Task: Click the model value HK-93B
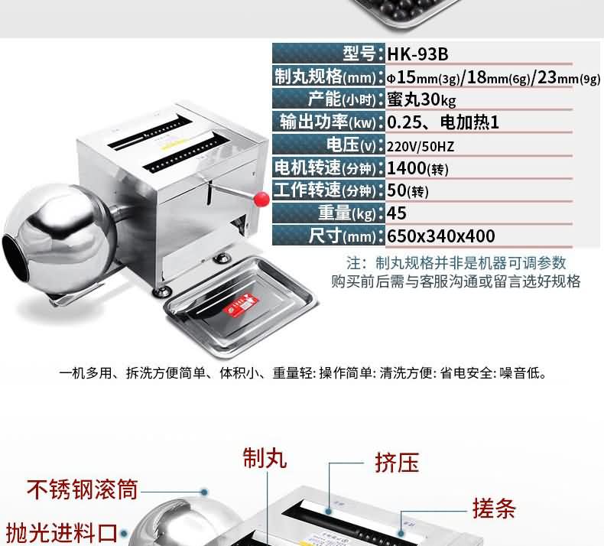coord(417,54)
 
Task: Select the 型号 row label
coord(359,54)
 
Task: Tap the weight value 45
coord(396,213)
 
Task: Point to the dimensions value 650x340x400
coord(440,236)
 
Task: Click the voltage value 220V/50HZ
coord(421,147)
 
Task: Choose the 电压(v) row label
coord(351,145)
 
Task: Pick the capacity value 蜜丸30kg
coord(421,100)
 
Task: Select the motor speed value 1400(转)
coord(417,168)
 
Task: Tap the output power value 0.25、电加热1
coord(443,122)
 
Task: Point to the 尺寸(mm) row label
coord(342,236)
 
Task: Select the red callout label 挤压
coord(397,463)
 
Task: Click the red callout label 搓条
coord(494,509)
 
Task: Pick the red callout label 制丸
coord(265,458)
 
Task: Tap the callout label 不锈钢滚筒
coord(82,489)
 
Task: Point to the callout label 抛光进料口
coord(62,533)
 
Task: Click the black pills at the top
coord(408,10)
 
